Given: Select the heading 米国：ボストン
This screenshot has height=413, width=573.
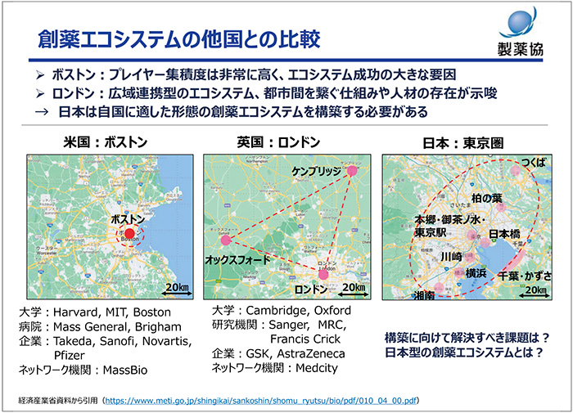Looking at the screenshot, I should [x=106, y=142].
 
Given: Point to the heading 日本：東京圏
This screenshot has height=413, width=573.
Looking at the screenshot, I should [x=463, y=142].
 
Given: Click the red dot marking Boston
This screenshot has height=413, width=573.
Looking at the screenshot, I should [x=129, y=233].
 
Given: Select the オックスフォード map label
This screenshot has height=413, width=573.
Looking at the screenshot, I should [x=236, y=258].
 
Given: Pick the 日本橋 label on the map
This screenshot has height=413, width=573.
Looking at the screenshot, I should [x=505, y=234].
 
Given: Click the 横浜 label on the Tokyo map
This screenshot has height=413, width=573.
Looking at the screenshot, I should [x=478, y=272].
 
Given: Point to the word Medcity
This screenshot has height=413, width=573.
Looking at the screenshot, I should [x=319, y=368].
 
